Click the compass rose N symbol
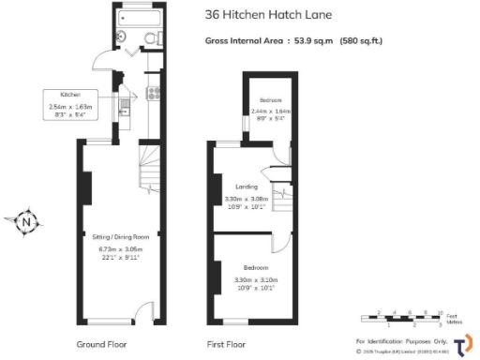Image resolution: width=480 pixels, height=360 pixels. tap(27, 222)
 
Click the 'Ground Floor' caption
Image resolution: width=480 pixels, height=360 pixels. tap(102, 344)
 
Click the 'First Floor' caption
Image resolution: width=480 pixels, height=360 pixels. tap(227, 344)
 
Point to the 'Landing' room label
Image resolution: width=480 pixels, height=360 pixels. tap(247, 187)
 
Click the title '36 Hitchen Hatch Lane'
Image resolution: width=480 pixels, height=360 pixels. tap(265, 14)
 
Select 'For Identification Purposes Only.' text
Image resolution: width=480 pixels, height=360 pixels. tap(401, 339)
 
